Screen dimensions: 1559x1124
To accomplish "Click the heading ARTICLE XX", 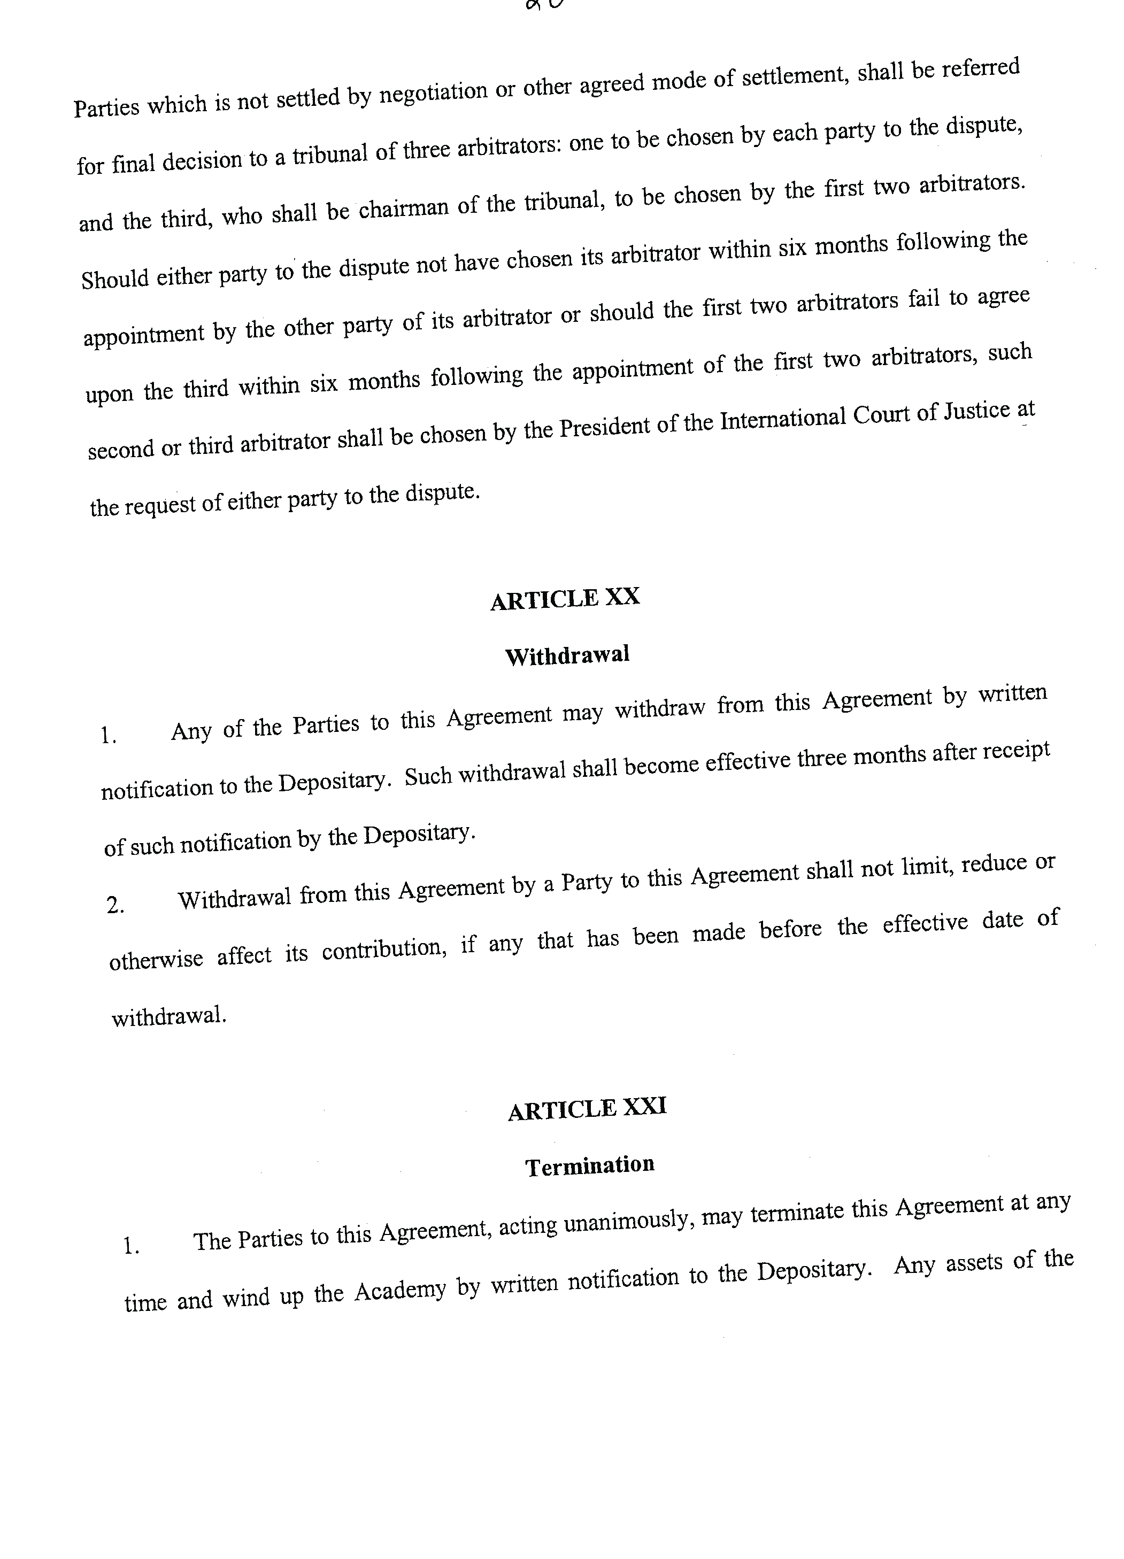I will tap(565, 598).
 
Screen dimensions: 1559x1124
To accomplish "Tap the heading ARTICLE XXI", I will tap(587, 1108).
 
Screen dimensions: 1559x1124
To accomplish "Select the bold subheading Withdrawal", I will tap(567, 655).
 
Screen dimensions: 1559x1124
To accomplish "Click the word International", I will tap(782, 419).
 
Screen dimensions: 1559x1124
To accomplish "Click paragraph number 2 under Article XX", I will tap(115, 905).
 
